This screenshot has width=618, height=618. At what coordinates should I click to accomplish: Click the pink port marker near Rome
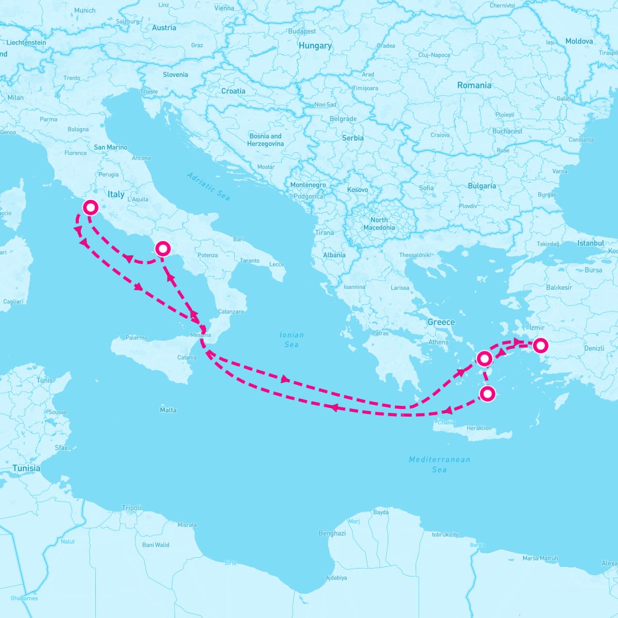pyautogui.click(x=91, y=208)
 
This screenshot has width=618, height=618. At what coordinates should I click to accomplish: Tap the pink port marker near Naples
pyautogui.click(x=163, y=249)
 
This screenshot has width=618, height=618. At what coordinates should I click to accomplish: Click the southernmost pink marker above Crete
pyautogui.click(x=487, y=394)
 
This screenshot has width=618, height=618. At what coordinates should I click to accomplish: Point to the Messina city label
pyautogui.click(x=200, y=335)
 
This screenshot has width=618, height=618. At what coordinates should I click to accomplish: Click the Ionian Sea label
pyautogui.click(x=291, y=339)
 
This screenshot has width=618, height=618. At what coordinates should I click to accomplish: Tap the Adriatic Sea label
pyautogui.click(x=209, y=186)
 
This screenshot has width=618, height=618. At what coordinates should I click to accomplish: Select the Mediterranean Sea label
pyautogui.click(x=439, y=464)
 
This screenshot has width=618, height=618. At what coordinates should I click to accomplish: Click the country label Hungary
pyautogui.click(x=315, y=46)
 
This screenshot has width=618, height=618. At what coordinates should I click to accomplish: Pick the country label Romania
pyautogui.click(x=474, y=85)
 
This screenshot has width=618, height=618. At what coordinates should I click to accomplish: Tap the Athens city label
pyautogui.click(x=438, y=342)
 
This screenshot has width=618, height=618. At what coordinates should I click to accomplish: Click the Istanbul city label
pyautogui.click(x=591, y=243)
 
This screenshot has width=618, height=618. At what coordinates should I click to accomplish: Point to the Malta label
pyautogui.click(x=168, y=410)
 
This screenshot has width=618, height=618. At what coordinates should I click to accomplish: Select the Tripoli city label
pyautogui.click(x=131, y=508)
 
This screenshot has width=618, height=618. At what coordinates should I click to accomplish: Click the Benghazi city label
pyautogui.click(x=332, y=534)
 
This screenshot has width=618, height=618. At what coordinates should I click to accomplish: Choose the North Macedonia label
pyautogui.click(x=379, y=224)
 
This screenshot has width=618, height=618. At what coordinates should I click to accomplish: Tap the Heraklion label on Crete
pyautogui.click(x=479, y=428)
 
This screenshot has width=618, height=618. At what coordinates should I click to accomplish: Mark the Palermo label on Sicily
pyautogui.click(x=136, y=338)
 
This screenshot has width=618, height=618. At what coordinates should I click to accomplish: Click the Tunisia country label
pyautogui.click(x=26, y=469)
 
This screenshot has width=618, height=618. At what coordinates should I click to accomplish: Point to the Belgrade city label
pyautogui.click(x=343, y=119)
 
